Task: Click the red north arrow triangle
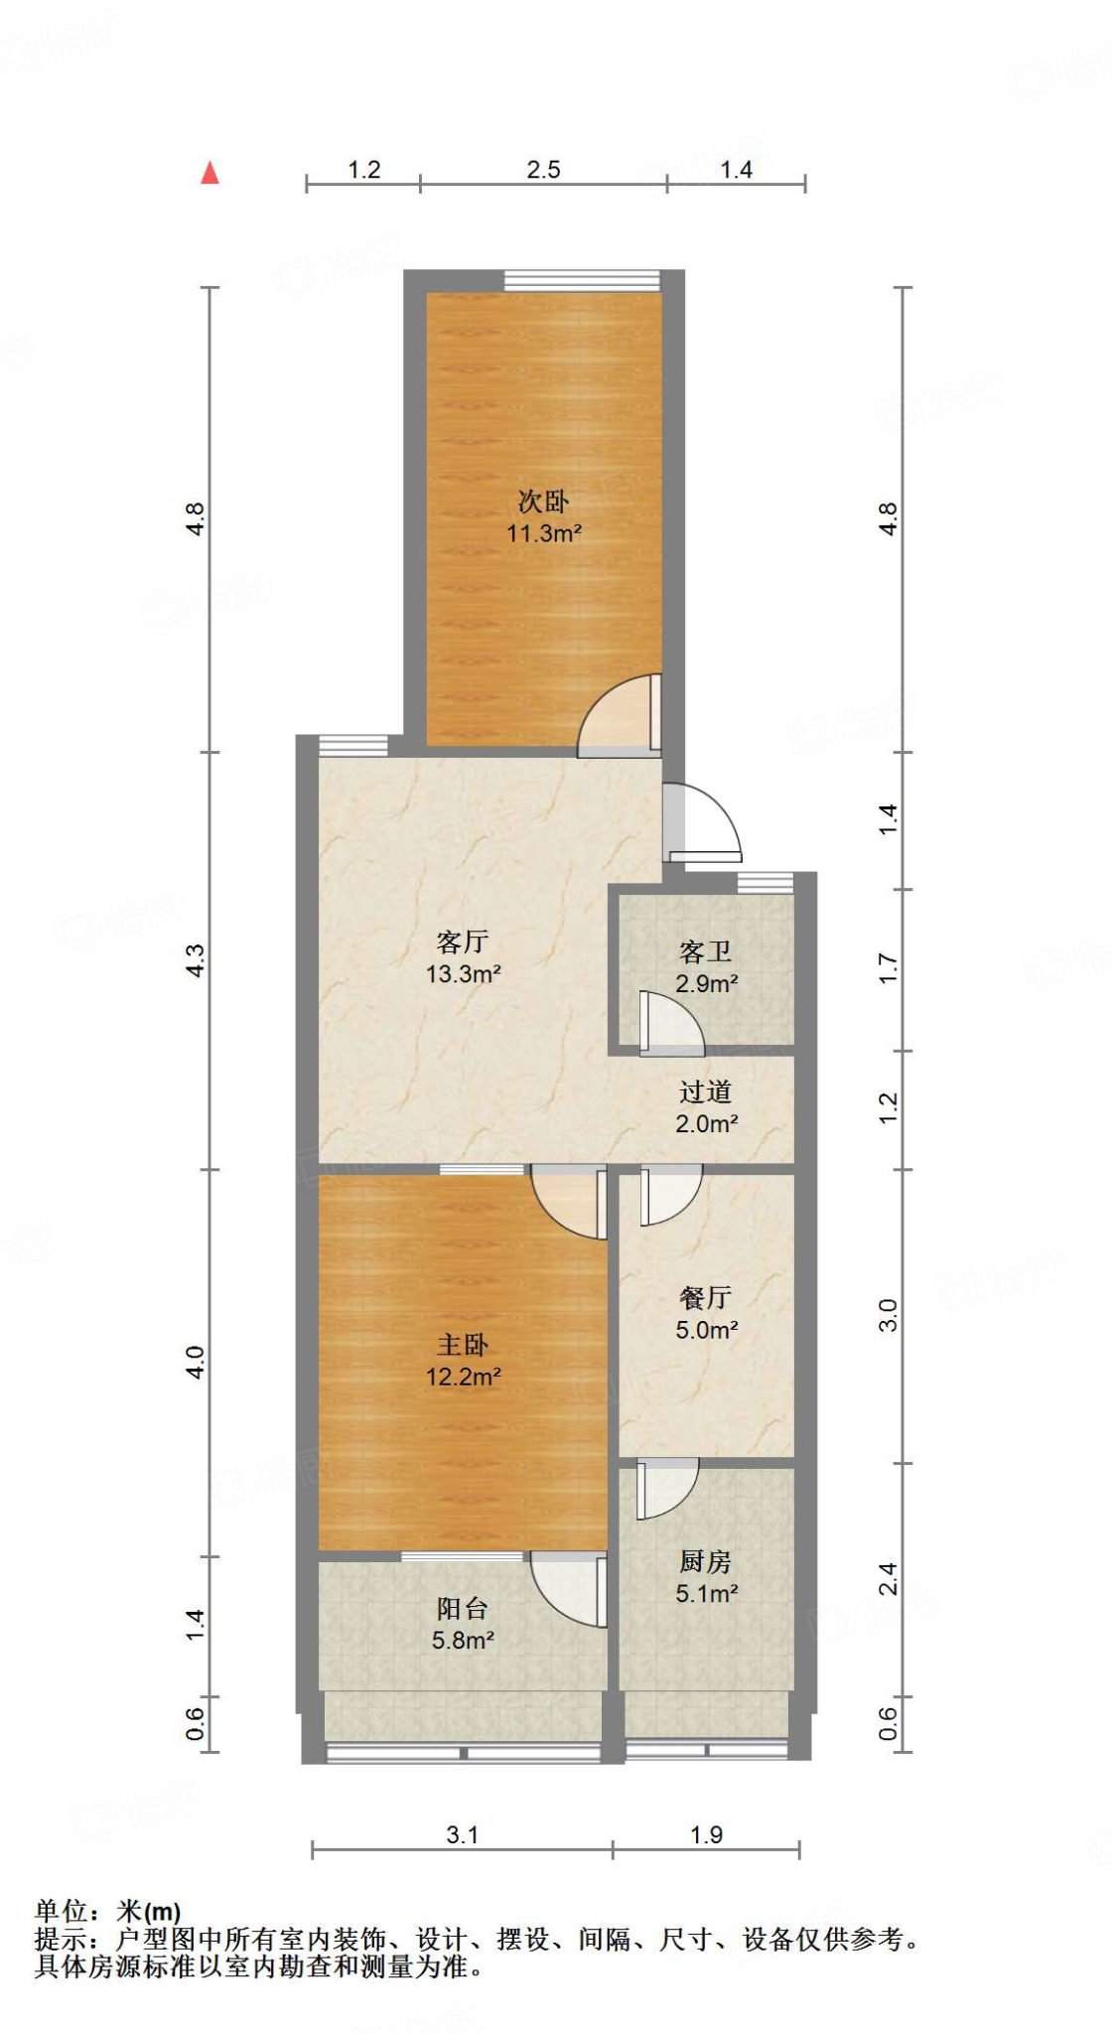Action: (x=209, y=173)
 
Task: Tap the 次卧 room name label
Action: (x=543, y=502)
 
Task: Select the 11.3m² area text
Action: (x=544, y=533)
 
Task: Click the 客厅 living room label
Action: (x=463, y=942)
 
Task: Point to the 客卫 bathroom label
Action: (x=706, y=952)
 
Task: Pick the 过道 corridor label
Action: (x=706, y=1092)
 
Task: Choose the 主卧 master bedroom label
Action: (x=463, y=1345)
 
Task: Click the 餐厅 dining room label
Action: (x=706, y=1297)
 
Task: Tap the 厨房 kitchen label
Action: (x=706, y=1561)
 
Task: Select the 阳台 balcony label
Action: (x=463, y=1608)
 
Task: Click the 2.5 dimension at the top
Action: (x=543, y=170)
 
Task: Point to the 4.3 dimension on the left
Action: (x=196, y=960)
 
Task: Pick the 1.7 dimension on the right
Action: (x=888, y=968)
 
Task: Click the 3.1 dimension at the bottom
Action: (x=462, y=1834)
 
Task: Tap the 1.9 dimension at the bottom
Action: (x=707, y=1834)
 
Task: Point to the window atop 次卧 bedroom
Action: (x=582, y=280)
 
